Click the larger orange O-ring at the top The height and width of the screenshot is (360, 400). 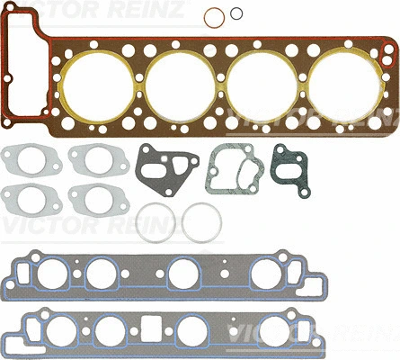213,18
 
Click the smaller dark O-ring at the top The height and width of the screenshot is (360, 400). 236,13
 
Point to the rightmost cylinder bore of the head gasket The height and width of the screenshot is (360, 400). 337,85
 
